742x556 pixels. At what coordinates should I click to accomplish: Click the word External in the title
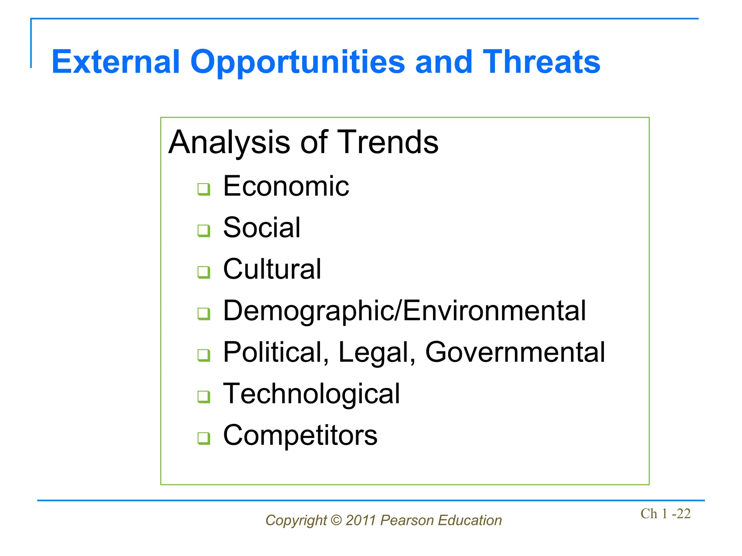click(x=116, y=62)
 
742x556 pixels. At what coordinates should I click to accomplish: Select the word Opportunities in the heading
click(x=297, y=62)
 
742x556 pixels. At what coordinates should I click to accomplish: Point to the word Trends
click(x=388, y=142)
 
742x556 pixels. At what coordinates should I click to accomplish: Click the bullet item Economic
click(x=286, y=186)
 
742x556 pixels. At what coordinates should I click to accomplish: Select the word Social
click(x=262, y=228)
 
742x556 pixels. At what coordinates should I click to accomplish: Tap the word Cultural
click(x=272, y=269)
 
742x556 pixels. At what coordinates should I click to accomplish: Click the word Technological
click(x=312, y=394)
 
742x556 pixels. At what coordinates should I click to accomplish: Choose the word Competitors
click(x=300, y=435)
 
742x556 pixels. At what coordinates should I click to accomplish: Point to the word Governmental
click(x=515, y=352)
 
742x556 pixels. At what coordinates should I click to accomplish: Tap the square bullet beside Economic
click(x=204, y=189)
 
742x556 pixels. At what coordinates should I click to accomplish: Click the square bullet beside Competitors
click(x=204, y=438)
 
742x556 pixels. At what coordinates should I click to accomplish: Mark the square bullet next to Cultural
click(x=204, y=272)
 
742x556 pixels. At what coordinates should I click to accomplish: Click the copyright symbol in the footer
click(x=336, y=521)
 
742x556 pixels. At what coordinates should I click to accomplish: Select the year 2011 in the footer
click(x=361, y=521)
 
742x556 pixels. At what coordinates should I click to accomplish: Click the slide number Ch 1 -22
click(x=666, y=514)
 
